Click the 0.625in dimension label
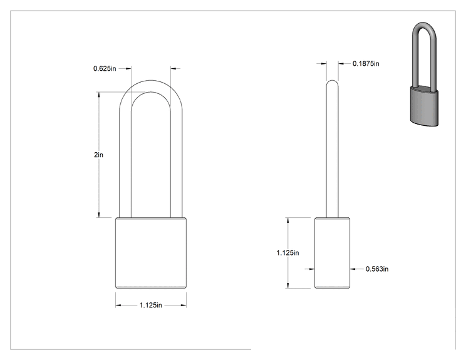point(105,68)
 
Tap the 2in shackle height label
point(98,155)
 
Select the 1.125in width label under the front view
point(151,305)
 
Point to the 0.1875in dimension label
point(366,64)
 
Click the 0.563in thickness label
point(377,269)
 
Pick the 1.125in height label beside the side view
point(287,253)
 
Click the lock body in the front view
point(151,253)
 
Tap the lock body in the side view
point(332,253)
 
